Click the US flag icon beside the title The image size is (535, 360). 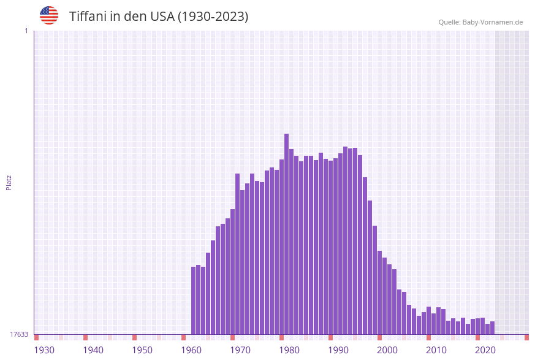click(49, 15)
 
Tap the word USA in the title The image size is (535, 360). click(162, 17)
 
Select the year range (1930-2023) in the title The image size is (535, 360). click(213, 17)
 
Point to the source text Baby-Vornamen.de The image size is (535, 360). click(492, 22)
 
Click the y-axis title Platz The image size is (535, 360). click(9, 182)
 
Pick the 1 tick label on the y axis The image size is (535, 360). click(26, 31)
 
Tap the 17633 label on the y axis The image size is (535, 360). click(19, 334)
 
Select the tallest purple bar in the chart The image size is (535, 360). click(286, 234)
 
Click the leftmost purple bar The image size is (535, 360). click(194, 301)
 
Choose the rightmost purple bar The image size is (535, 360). click(492, 328)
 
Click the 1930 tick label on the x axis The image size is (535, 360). click(44, 350)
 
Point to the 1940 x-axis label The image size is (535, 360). click(93, 350)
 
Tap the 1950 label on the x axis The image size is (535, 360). click(142, 350)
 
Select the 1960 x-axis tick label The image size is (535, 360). click(191, 350)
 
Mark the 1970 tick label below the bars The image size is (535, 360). click(240, 350)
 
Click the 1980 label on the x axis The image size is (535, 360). click(289, 350)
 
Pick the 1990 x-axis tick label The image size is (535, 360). click(338, 350)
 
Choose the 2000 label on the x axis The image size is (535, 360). click(387, 350)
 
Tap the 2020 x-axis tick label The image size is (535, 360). click(485, 350)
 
